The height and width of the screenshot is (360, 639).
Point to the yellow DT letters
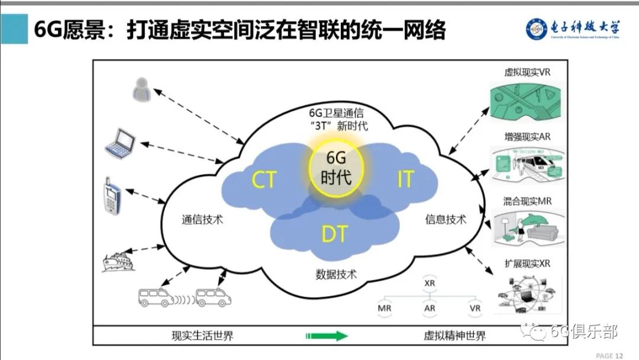(334, 234)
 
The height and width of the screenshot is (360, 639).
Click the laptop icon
(120, 143)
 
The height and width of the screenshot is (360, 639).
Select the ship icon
(118, 261)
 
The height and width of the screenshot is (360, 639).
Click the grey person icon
(141, 89)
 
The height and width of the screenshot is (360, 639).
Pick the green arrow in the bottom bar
(325, 336)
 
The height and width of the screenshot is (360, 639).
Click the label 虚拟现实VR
(527, 72)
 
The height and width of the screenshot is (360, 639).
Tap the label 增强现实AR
(527, 137)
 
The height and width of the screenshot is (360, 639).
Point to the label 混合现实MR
(527, 201)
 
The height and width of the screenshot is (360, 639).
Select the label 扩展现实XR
(527, 263)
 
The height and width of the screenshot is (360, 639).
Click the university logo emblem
(537, 29)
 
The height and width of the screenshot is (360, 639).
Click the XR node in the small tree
(430, 283)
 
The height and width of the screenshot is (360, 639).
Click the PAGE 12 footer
(609, 355)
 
